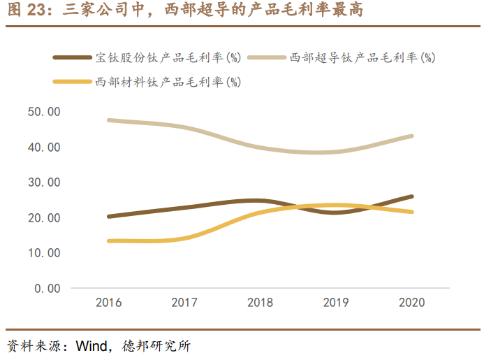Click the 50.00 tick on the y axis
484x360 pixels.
pos(43,112)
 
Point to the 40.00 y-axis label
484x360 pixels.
pos(43,147)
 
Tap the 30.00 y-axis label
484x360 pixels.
pos(43,182)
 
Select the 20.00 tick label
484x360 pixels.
pos(43,218)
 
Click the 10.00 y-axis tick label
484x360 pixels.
pos(43,253)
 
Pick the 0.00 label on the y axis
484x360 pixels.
pos(47,288)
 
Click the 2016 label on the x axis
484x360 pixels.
pos(108,303)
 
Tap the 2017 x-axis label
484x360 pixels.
pos(184,303)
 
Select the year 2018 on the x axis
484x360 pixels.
pos(260,303)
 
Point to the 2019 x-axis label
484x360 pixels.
pos(336,303)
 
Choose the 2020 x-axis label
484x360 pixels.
pos(411,303)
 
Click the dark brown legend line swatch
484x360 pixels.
pos(73,58)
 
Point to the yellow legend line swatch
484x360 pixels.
pos(73,82)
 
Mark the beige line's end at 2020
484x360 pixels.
pos(411,136)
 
